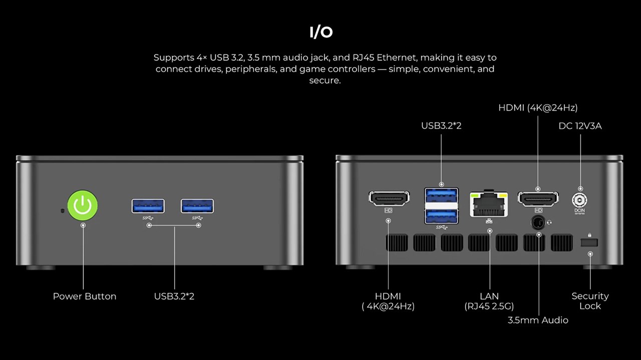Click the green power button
click(x=83, y=205)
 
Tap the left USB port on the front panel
click(x=148, y=206)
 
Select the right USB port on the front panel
click(x=197, y=206)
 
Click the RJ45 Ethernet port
click(x=489, y=205)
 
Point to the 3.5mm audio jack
click(x=538, y=222)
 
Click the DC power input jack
click(x=580, y=201)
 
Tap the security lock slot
click(x=589, y=242)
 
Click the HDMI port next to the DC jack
click(x=538, y=199)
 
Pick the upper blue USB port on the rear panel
click(x=441, y=194)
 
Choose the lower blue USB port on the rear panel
click(x=441, y=216)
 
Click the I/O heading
click(x=321, y=33)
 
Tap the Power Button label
click(x=85, y=296)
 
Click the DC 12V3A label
click(x=580, y=126)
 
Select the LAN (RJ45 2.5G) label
click(x=489, y=301)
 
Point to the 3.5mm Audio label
click(x=538, y=320)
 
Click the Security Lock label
click(x=590, y=301)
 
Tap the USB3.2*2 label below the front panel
click(x=174, y=296)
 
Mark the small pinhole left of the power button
click(x=62, y=210)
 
